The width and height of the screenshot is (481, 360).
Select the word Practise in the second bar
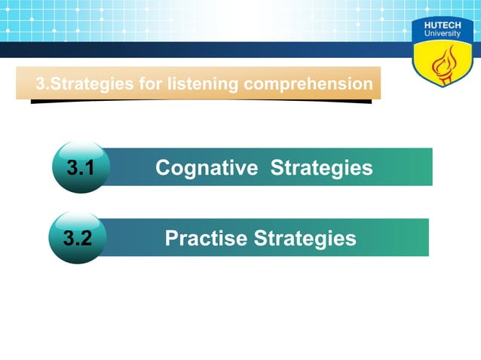click(x=205, y=239)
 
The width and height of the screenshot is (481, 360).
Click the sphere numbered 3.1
click(x=80, y=167)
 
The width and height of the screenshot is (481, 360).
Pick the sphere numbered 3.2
click(x=77, y=239)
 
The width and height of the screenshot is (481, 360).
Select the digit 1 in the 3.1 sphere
click(x=91, y=167)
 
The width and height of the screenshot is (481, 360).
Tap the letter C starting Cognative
click(x=162, y=167)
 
